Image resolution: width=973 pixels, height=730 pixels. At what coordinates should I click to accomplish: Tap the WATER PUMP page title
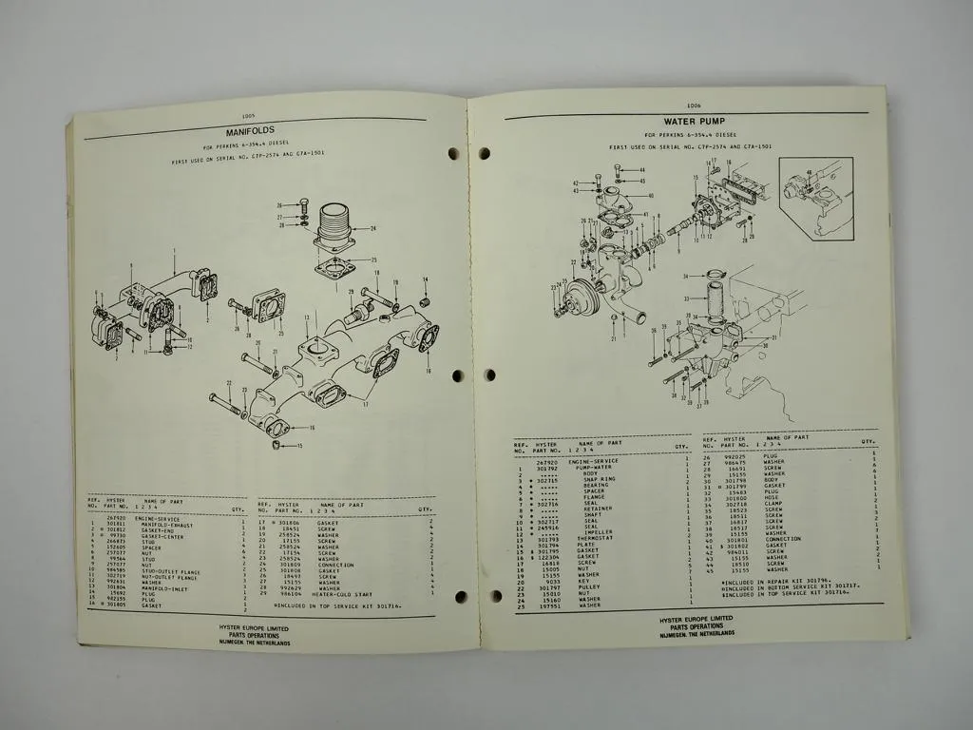(x=689, y=122)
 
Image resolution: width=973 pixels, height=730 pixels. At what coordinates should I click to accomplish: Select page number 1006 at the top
(x=693, y=106)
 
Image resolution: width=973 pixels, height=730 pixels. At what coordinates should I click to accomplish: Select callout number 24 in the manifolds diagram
(x=373, y=228)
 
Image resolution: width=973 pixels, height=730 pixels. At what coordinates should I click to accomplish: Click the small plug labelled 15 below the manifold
(x=277, y=446)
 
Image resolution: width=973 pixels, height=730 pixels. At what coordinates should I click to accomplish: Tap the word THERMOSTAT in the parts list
(x=591, y=538)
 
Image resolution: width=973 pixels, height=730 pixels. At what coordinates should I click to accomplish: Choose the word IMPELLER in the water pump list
(x=594, y=532)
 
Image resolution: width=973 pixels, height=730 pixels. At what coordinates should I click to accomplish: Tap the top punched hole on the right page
(x=484, y=153)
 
